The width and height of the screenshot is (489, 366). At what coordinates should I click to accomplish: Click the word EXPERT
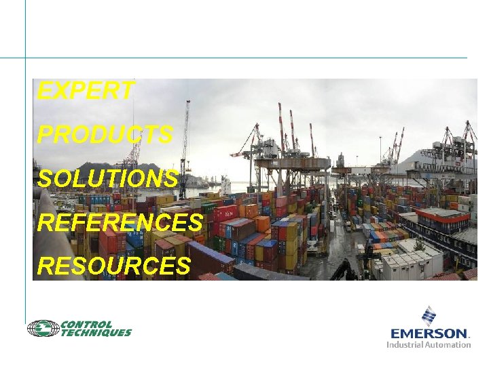pyautogui.click(x=86, y=91)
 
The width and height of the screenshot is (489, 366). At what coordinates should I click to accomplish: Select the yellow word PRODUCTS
pyautogui.click(x=105, y=135)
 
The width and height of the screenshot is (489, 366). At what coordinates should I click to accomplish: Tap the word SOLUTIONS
pyautogui.click(x=107, y=179)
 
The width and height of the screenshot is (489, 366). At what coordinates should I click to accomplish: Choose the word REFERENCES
pyautogui.click(x=120, y=222)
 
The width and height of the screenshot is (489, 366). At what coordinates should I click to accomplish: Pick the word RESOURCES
pyautogui.click(x=113, y=266)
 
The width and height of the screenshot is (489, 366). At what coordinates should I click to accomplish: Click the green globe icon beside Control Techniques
pyautogui.click(x=43, y=329)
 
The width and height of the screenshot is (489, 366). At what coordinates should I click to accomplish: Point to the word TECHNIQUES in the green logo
pyautogui.click(x=96, y=333)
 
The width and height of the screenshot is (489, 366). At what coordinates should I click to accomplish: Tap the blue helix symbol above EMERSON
pyautogui.click(x=429, y=315)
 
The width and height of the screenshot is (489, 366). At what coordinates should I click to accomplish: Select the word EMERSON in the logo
pyautogui.click(x=430, y=333)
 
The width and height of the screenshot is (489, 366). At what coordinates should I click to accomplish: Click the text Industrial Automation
pyautogui.click(x=429, y=344)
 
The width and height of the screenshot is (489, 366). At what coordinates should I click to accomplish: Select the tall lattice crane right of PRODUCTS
pyautogui.click(x=183, y=146)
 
